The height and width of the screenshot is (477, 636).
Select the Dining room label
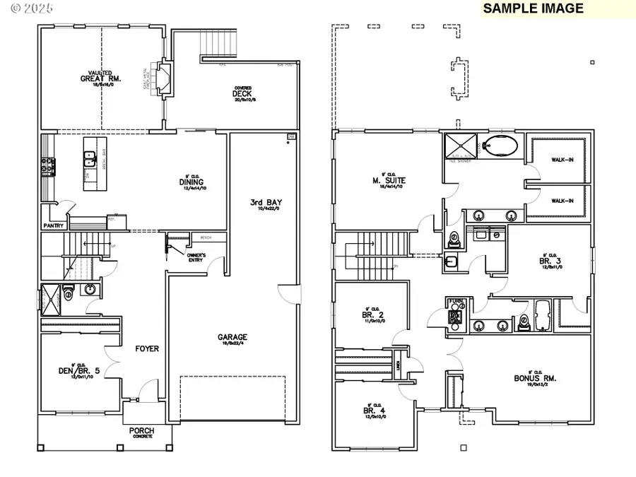point(191,182)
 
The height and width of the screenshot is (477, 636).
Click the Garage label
point(232,338)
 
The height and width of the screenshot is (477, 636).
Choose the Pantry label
point(54,226)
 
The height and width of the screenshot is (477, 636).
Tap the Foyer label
point(147,348)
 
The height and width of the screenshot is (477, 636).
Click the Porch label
point(141,430)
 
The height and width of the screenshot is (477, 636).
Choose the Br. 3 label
point(550,261)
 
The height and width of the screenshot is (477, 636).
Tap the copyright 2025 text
point(24,10)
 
